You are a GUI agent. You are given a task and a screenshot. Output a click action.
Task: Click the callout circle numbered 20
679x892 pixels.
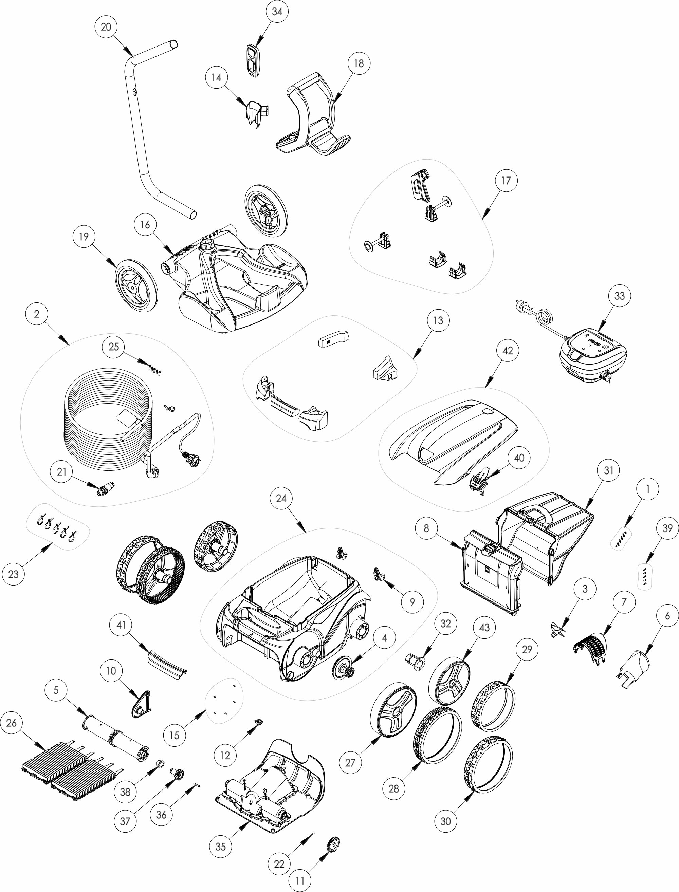click(x=106, y=27)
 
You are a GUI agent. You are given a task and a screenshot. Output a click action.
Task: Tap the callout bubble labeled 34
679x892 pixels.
click(x=277, y=12)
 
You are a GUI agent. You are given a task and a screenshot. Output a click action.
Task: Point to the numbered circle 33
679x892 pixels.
click(x=620, y=296)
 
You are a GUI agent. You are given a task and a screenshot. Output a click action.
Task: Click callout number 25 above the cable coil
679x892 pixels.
click(x=114, y=347)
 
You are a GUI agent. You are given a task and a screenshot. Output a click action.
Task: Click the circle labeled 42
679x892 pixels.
click(x=508, y=351)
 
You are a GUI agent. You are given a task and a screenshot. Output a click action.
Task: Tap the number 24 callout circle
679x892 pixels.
click(x=281, y=499)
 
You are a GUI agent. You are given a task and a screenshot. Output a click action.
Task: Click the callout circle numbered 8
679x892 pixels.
click(x=426, y=528)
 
